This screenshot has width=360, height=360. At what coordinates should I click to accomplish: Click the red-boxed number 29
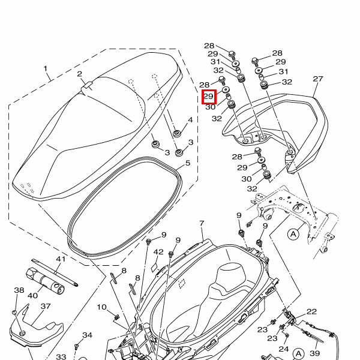[208, 96]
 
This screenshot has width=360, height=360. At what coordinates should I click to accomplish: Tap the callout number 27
[318, 79]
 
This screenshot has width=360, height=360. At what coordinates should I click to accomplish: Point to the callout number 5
[187, 162]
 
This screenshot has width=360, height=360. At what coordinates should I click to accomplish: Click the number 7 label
[202, 223]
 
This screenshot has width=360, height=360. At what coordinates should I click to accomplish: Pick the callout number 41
[60, 259]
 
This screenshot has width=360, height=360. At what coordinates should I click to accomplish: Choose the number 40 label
[32, 295]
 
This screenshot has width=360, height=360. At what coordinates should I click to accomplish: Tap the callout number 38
[19, 290]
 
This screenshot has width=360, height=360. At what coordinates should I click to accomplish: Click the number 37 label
[46, 306]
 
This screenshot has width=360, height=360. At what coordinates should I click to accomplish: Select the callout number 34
[88, 335]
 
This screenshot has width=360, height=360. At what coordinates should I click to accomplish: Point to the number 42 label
[158, 252]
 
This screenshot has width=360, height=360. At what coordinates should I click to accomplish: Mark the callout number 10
[101, 307]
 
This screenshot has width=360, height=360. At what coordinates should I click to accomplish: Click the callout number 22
[311, 311]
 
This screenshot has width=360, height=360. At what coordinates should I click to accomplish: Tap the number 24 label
[284, 349]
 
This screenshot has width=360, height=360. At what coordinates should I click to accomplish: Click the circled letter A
[293, 233]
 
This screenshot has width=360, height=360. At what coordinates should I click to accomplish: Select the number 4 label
[190, 120]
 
